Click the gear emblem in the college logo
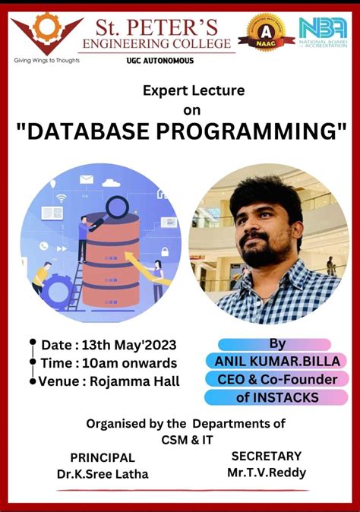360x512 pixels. pyautogui.click(x=46, y=27)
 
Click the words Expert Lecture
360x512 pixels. pyautogui.click(x=194, y=90)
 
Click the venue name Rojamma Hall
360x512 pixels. pyautogui.click(x=134, y=381)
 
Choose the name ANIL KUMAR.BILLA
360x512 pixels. pyautogui.click(x=276, y=361)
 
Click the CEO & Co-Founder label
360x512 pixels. pyautogui.click(x=276, y=378)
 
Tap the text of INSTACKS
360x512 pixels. pyautogui.click(x=276, y=397)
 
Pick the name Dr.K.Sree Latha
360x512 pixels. pyautogui.click(x=103, y=474)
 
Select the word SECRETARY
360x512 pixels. pyautogui.click(x=266, y=456)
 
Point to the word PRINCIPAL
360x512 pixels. pyautogui.click(x=103, y=457)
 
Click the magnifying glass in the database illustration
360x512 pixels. pyautogui.click(x=116, y=207)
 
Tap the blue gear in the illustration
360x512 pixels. pyautogui.click(x=57, y=291)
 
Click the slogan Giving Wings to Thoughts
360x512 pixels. pyautogui.click(x=46, y=59)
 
